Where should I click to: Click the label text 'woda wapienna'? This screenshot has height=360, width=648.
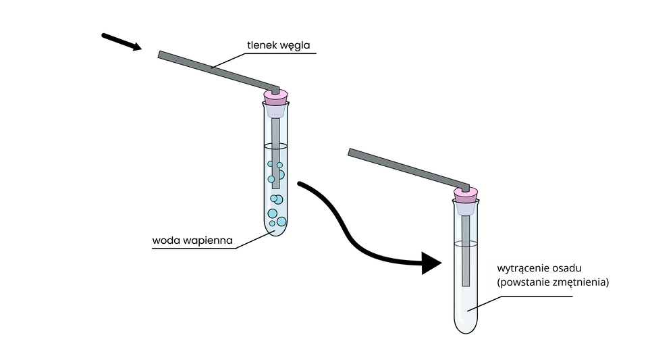(192, 240)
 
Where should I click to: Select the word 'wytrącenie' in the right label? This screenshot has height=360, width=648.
(521, 268)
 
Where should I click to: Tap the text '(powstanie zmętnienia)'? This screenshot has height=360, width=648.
(552, 282)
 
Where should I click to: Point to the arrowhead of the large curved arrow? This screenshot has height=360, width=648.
(431, 263)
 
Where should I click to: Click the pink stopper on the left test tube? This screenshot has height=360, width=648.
(276, 97)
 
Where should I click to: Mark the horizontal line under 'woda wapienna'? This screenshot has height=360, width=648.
(196, 249)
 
